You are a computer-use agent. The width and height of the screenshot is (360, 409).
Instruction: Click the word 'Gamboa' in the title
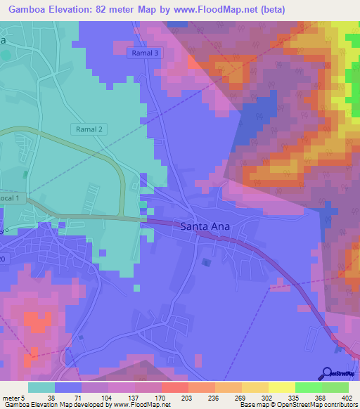click(x=30, y=8)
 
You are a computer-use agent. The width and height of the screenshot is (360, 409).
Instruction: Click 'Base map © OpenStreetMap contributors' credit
click(x=297, y=404)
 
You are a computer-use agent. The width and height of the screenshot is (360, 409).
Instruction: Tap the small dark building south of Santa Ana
click(x=205, y=262)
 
